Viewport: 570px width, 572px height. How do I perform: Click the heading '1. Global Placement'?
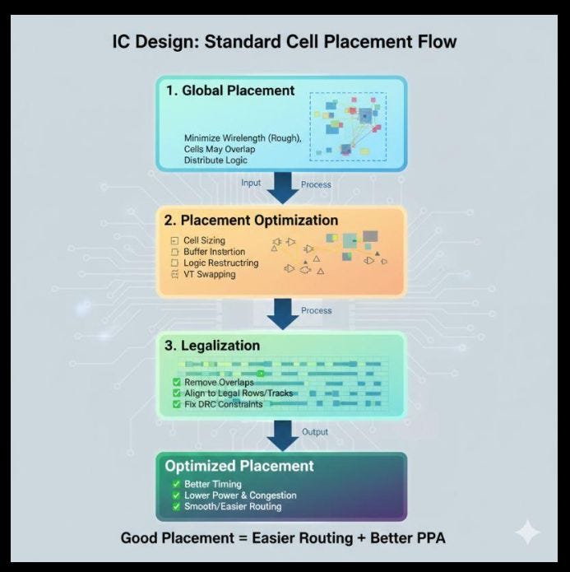[x=230, y=91]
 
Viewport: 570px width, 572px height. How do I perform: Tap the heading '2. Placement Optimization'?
[x=251, y=221]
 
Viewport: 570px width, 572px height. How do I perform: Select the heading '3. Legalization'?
[x=212, y=346]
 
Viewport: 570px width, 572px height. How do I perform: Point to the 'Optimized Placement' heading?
[x=239, y=466]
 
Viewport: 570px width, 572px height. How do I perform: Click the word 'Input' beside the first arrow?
[x=251, y=183]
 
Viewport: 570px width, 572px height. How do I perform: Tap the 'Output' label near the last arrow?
[x=315, y=432]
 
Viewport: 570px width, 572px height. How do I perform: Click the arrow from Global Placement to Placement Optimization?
[x=283, y=188]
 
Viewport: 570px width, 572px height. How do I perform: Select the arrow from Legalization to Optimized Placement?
[x=283, y=436]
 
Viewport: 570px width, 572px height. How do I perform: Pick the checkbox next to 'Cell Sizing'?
[x=174, y=241]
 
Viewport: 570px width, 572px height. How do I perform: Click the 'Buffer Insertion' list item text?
[x=214, y=252]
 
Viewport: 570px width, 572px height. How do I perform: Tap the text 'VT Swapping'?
[x=209, y=274]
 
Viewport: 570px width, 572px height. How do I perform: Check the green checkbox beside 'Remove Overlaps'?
[x=177, y=383]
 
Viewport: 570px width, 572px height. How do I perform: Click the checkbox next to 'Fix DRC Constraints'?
[x=177, y=404]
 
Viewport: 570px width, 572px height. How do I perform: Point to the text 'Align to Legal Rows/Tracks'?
[x=239, y=393]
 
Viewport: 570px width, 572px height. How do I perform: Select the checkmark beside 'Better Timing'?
[x=176, y=484]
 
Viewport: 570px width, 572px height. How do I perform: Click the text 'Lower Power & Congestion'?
[x=240, y=495]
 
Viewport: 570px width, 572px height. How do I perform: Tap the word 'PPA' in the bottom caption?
[x=427, y=538]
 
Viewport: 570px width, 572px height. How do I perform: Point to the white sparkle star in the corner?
[x=527, y=532]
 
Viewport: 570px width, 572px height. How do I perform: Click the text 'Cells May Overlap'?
[x=220, y=149]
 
